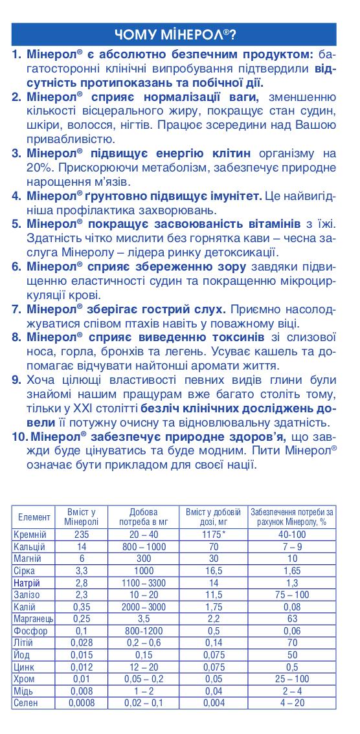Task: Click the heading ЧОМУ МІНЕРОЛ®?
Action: click(x=174, y=33)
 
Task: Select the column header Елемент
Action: click(x=34, y=517)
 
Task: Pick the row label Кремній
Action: click(x=30, y=534)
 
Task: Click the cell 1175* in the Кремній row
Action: click(x=214, y=534)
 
